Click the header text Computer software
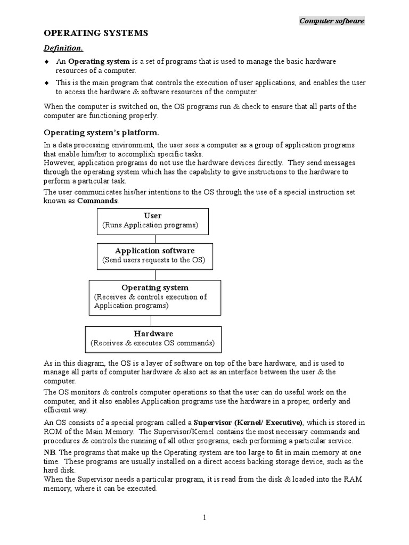(x=332, y=21)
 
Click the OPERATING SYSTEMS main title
(x=96, y=34)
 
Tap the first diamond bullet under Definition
(x=46, y=62)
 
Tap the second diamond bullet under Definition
(x=46, y=82)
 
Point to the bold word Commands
(x=99, y=201)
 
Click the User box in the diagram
(x=153, y=221)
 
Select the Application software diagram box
(x=155, y=256)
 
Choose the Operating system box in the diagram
(x=154, y=297)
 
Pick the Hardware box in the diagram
(x=153, y=338)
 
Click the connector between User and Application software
(x=155, y=239)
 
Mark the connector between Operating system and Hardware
(x=151, y=320)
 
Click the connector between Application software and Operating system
(x=155, y=275)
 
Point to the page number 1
(x=204, y=518)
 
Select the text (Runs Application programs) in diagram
(x=150, y=226)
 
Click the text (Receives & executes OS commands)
(x=153, y=343)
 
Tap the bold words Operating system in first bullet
(x=99, y=62)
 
